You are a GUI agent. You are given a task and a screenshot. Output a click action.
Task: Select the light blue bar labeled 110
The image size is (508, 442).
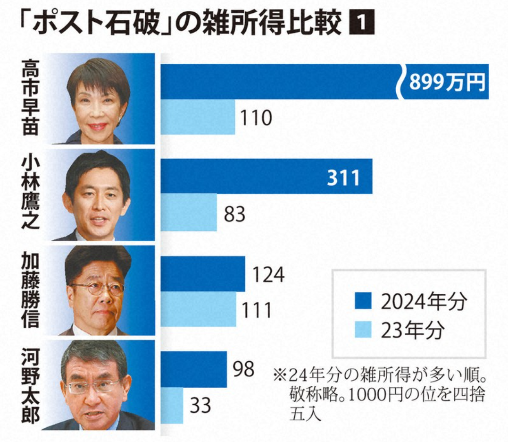click(x=198, y=117)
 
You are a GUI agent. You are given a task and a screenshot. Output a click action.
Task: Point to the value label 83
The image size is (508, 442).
click(x=234, y=214)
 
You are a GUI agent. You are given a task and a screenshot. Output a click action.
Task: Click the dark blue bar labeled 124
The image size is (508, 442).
click(x=203, y=274)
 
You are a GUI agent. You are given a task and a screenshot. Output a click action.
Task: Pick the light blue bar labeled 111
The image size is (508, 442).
click(x=198, y=309)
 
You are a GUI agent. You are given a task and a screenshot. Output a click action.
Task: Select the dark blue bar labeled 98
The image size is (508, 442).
click(x=194, y=369)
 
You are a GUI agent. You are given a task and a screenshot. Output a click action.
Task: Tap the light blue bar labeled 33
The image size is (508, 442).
click(x=172, y=405)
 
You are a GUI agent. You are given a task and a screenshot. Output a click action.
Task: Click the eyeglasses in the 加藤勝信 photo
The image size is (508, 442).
click(x=98, y=289)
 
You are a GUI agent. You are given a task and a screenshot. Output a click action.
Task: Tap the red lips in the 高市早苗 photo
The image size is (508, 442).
click(x=98, y=127)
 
